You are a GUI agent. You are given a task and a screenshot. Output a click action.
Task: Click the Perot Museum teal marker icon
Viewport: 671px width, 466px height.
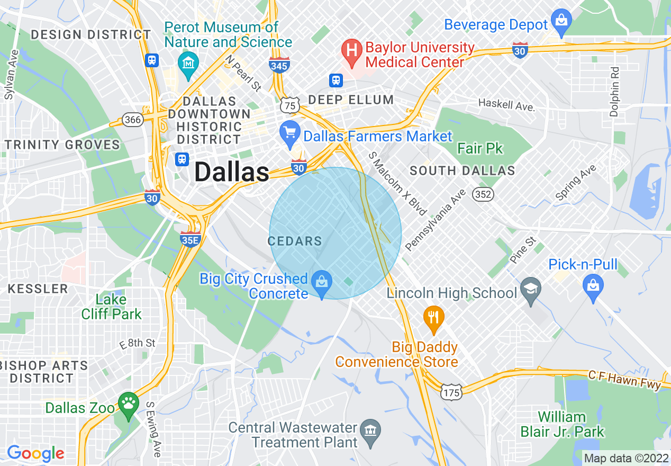[188, 63]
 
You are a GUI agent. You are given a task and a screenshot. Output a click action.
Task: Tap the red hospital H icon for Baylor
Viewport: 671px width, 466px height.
[350, 51]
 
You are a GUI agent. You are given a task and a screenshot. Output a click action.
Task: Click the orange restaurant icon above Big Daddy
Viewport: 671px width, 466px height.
[433, 319]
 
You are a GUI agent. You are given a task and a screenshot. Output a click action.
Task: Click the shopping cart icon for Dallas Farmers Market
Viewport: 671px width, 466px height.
[289, 133]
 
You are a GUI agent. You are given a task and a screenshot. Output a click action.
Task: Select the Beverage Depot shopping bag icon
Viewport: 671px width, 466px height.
[560, 22]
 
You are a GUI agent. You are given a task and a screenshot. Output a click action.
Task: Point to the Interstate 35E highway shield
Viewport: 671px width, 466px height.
[191, 238]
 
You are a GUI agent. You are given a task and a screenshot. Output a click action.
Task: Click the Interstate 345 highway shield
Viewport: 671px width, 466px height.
[279, 65]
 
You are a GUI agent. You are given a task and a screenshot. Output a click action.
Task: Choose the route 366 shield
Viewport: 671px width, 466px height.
[132, 119]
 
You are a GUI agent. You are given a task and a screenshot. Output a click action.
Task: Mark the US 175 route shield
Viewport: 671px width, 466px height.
[451, 392]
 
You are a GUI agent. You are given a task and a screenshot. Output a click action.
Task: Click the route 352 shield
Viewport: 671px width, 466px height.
[484, 194]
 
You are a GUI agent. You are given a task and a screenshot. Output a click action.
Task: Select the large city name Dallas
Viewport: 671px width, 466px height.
[232, 172]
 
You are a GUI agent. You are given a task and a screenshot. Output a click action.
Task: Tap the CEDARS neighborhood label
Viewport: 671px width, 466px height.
[295, 241]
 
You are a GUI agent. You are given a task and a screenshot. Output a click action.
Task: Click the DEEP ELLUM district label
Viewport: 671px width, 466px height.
[351, 100]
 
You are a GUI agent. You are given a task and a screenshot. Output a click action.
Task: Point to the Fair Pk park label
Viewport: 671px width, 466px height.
[480, 148]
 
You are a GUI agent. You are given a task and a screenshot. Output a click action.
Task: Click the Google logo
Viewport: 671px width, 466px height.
[35, 453]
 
